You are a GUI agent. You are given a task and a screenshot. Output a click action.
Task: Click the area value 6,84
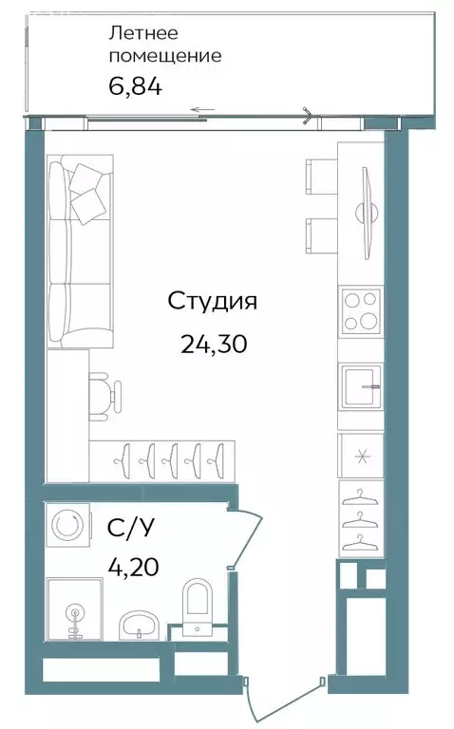[136, 86]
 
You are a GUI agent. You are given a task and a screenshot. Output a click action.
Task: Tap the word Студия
[212, 302]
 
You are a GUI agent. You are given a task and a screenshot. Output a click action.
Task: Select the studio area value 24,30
[214, 345]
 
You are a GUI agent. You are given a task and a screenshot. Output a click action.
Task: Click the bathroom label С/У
[130, 529]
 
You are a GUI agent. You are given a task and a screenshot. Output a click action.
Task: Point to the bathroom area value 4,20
[134, 567]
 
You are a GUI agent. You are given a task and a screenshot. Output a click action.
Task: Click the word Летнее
[143, 33]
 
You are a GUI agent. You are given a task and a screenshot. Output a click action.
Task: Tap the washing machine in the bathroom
[68, 525]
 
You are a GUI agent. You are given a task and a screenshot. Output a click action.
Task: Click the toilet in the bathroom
[198, 607]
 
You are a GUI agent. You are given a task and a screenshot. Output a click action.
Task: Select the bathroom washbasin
[140, 626]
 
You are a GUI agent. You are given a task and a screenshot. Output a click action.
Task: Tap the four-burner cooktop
[361, 311]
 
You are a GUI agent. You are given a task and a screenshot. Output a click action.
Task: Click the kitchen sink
[363, 386]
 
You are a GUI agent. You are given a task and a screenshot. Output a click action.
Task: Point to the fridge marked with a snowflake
[362, 456]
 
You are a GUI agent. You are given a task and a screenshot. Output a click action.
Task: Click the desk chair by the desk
[105, 396]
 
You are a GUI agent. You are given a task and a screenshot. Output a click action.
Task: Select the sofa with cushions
[80, 251]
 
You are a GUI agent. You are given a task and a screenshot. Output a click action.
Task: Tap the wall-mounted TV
[368, 214]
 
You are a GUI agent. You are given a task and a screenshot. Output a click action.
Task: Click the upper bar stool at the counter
[321, 177]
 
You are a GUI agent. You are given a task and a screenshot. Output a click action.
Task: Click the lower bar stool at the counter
[321, 236]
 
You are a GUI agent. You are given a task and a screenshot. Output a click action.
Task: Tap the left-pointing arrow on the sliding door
[203, 110]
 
